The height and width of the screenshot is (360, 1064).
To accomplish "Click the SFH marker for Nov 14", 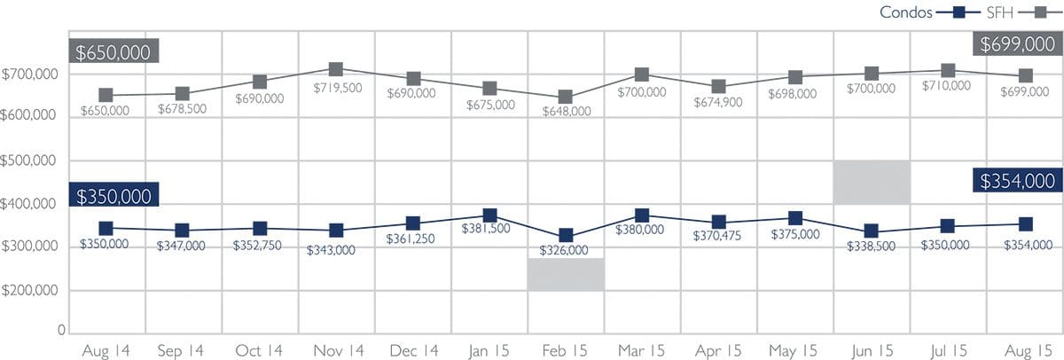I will click(x=336, y=69).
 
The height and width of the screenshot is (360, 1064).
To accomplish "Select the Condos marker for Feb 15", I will click(x=566, y=236).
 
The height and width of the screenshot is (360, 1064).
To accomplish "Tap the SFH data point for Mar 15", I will click(x=642, y=74).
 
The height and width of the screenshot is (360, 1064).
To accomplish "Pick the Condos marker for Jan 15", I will click(x=489, y=215).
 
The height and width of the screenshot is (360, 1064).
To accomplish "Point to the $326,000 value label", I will click(x=567, y=250).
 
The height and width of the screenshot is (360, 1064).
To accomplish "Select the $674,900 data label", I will click(x=718, y=105).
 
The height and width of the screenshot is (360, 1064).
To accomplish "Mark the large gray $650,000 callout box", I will click(x=113, y=51).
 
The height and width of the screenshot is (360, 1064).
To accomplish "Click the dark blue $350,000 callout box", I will click(x=113, y=196).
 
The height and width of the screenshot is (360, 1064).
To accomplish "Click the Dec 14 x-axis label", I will click(x=412, y=351).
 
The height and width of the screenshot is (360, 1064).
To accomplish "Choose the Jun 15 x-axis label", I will click(x=872, y=351).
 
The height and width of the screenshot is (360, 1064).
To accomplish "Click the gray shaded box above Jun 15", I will click(x=872, y=183).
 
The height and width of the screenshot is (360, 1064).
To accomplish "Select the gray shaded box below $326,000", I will click(x=566, y=274).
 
